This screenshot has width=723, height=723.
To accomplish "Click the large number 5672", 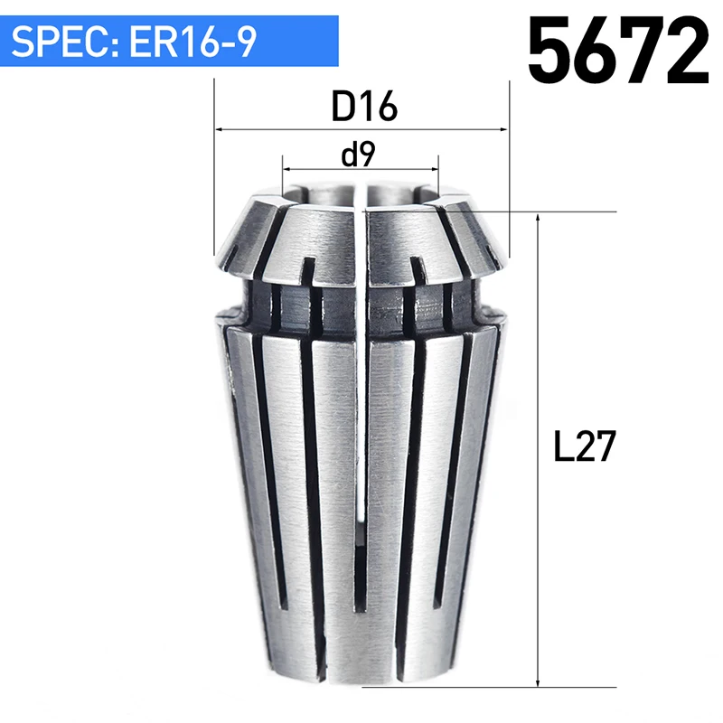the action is [618, 50].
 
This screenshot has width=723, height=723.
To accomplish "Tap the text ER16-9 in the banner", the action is [192, 42].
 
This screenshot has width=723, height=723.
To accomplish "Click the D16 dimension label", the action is [364, 107].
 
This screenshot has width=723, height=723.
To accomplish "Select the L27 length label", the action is [584, 446].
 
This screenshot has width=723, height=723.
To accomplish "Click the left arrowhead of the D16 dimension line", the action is [221, 129].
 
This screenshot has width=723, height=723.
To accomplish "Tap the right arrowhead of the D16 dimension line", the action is [502, 129].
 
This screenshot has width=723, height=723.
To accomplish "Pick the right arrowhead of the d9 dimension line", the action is [433, 169].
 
